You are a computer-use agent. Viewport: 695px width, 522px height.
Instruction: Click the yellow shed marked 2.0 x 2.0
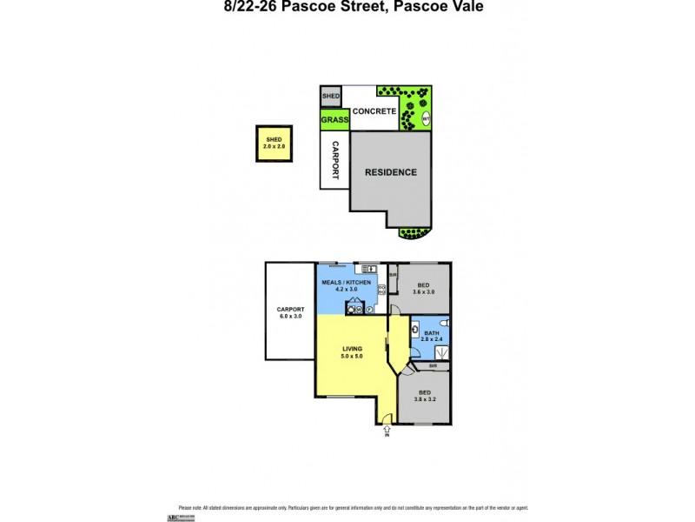(275, 144)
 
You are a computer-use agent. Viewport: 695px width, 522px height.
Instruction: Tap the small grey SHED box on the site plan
(331, 96)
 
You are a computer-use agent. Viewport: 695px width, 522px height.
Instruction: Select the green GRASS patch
(334, 120)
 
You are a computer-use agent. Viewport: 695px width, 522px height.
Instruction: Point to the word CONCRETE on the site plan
(374, 111)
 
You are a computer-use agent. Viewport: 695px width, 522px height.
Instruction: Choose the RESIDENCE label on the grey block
(390, 172)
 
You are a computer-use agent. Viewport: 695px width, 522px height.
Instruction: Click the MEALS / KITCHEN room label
(347, 287)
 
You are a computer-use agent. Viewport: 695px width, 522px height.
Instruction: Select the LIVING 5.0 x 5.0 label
(351, 352)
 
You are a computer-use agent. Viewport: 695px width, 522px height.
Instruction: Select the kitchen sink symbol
(367, 268)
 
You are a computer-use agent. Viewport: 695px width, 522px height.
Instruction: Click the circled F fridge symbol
(369, 308)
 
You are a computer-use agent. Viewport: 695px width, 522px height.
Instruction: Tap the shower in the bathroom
(440, 352)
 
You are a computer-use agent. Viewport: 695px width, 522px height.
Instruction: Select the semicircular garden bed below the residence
(413, 232)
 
